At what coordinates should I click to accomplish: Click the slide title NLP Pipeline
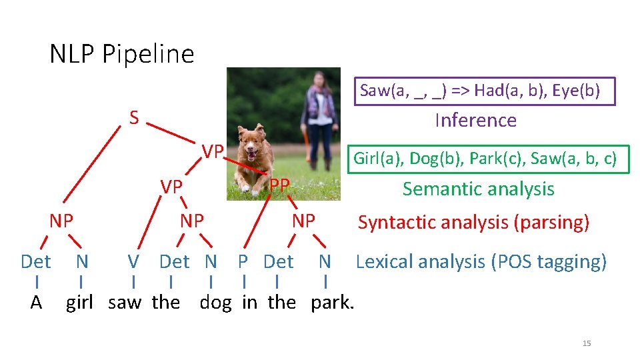pyautogui.click(x=122, y=54)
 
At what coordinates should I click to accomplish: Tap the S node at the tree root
pyautogui.click(x=134, y=119)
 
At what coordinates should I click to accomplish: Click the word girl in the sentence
pyautogui.click(x=79, y=303)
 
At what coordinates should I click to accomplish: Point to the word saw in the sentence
pyautogui.click(x=125, y=303)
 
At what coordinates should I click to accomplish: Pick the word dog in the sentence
pyautogui.click(x=215, y=303)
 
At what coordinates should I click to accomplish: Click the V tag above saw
pyautogui.click(x=133, y=261)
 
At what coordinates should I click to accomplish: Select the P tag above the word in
pyautogui.click(x=243, y=261)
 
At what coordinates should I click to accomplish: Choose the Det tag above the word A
pyautogui.click(x=35, y=261)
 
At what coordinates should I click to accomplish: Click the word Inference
pyautogui.click(x=475, y=120)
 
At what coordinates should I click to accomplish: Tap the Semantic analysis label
pyautogui.click(x=478, y=189)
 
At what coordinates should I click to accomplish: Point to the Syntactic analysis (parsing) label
pyautogui.click(x=473, y=222)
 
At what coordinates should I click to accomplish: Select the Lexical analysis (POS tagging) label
pyautogui.click(x=481, y=261)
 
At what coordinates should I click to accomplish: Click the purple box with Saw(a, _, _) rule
pyautogui.click(x=484, y=91)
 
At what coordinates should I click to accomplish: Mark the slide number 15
pyautogui.click(x=587, y=343)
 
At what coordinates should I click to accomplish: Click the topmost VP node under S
pyautogui.click(x=213, y=151)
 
